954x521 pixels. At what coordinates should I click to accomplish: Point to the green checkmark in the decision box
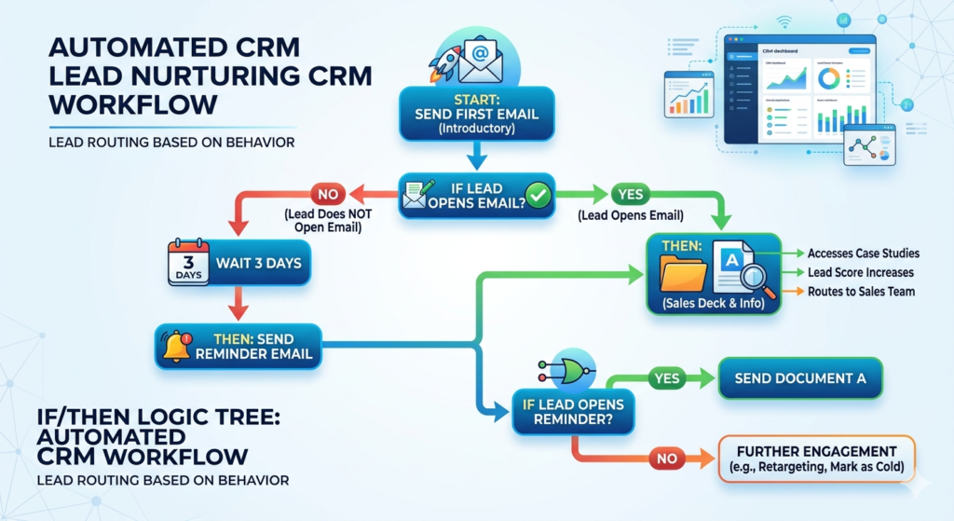538,196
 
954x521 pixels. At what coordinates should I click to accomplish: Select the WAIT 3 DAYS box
258,263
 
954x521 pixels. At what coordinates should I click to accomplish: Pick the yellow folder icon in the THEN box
683,274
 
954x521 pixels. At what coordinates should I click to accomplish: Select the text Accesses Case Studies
864,254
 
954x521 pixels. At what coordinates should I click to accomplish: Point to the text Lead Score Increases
860,272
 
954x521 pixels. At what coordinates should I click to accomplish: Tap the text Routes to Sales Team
861,292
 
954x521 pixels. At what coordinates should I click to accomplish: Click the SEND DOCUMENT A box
799,378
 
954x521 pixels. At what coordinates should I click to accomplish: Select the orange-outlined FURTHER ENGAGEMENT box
817,459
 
